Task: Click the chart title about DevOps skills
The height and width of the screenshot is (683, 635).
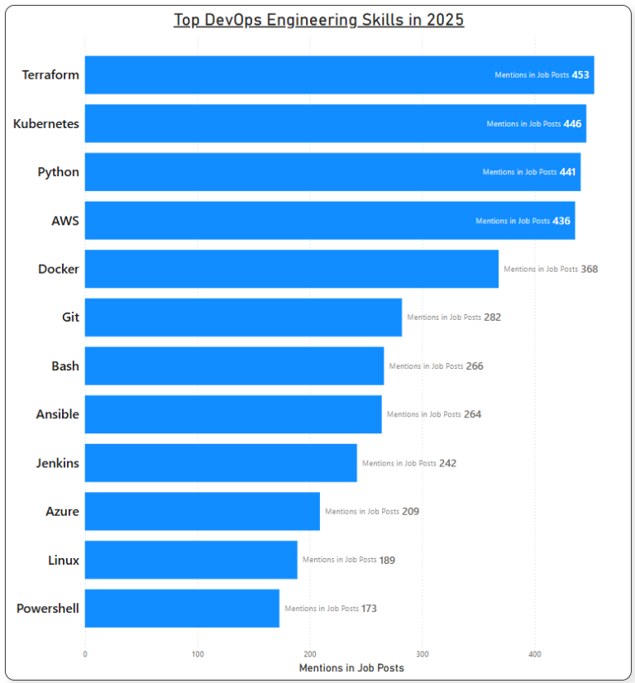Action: coord(318,20)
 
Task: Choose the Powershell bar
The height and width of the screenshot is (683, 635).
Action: coord(182,609)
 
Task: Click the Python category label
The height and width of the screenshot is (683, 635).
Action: coord(59,172)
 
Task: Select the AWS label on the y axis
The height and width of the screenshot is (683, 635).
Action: coord(65,221)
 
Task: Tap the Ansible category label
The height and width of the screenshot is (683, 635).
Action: coord(58,414)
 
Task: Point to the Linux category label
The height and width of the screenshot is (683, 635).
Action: coord(64,560)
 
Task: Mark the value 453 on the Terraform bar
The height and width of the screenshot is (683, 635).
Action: coord(580,75)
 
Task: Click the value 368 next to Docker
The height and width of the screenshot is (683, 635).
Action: coord(589,270)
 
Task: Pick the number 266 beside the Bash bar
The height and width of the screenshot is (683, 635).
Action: coord(475,366)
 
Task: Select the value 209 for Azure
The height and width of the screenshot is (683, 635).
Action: coord(411,512)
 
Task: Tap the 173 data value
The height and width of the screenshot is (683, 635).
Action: coord(369,609)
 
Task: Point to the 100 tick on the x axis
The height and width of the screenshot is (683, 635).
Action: coord(198,654)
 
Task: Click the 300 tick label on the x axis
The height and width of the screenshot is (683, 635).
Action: coord(422,654)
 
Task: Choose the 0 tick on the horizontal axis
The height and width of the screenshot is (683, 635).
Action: coord(85,654)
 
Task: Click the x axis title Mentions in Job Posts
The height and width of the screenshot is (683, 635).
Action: coord(351,667)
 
